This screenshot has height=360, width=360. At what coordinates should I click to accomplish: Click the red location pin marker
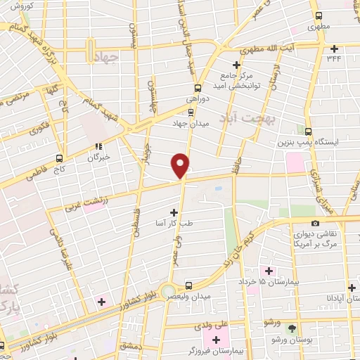point(181,165)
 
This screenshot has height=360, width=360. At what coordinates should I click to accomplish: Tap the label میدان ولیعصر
point(211,297)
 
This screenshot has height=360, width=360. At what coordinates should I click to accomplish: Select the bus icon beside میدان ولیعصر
point(188,285)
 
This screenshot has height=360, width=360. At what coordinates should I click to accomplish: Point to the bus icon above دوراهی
point(198,89)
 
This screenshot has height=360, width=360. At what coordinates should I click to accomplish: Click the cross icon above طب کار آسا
point(174,212)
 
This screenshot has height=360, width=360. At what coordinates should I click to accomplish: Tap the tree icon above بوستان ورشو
point(292,328)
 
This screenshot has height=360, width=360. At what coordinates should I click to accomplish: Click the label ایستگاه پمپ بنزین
point(324,142)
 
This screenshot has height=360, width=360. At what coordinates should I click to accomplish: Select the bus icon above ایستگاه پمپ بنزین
point(309,131)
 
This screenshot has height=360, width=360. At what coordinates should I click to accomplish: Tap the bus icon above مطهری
point(319,16)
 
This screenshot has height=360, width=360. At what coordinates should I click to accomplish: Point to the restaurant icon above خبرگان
point(99,148)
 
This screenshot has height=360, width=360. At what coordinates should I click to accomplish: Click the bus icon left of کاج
point(59,158)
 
